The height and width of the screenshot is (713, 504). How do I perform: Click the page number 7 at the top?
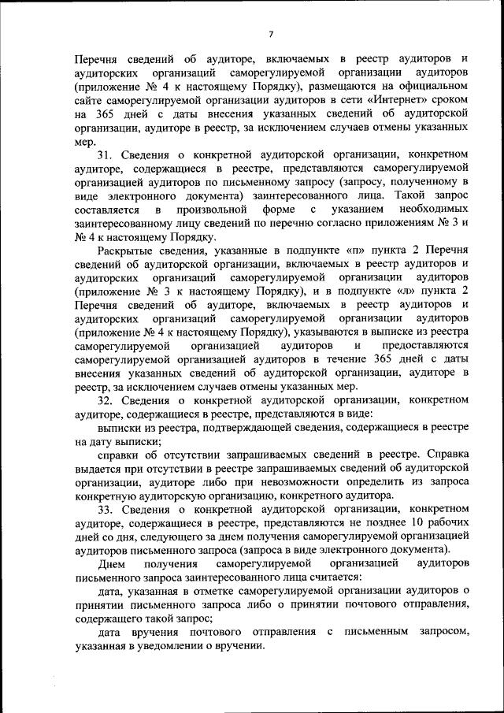(270, 33)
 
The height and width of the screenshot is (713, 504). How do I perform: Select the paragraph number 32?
(106, 400)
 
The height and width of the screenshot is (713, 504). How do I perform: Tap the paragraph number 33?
(106, 509)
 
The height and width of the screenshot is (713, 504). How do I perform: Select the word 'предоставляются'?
(425, 346)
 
